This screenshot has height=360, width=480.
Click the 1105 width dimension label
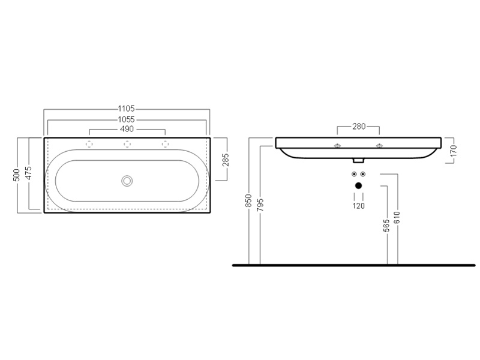[127, 109]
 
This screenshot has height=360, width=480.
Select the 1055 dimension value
[127, 119]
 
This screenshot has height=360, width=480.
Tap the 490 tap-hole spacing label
[127, 129]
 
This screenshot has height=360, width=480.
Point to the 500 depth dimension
[17, 175]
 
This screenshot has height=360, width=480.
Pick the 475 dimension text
[28, 173]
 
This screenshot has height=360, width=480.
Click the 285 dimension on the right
[226, 160]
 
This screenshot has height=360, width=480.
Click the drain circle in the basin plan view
[127, 181]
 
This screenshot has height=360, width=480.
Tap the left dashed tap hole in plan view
[89, 144]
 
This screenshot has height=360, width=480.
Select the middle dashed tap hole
[127, 144]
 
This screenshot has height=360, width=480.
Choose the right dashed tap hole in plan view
[166, 144]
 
